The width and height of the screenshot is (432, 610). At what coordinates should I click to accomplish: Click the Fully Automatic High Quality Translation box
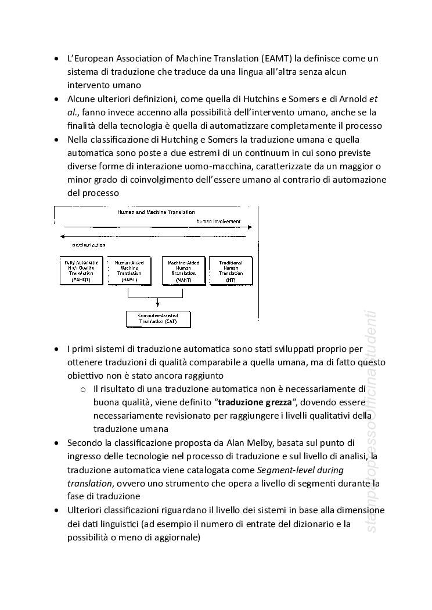[82, 271]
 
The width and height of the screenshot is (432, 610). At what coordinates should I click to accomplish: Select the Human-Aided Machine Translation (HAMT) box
[129, 271]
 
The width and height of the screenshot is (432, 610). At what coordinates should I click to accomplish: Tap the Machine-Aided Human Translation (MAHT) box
[183, 271]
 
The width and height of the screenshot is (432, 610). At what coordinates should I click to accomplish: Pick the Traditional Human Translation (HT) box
[231, 271]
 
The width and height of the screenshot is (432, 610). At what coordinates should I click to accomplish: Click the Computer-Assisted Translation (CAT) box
[159, 318]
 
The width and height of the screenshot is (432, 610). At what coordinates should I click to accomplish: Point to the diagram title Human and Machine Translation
[156, 212]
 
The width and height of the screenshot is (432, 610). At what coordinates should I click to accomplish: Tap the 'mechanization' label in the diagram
[85, 245]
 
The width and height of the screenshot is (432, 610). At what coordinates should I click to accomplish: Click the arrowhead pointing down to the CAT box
[159, 308]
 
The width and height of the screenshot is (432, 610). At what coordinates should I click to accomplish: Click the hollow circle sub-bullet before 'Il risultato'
[84, 388]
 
